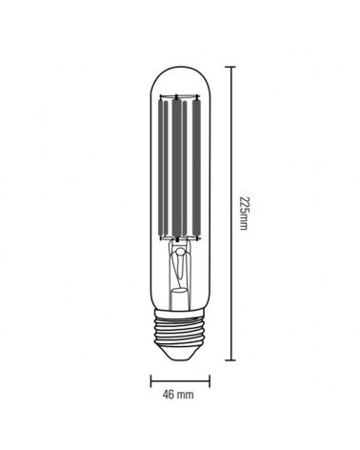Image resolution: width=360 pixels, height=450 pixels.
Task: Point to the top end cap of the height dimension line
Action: coord(230,66)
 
